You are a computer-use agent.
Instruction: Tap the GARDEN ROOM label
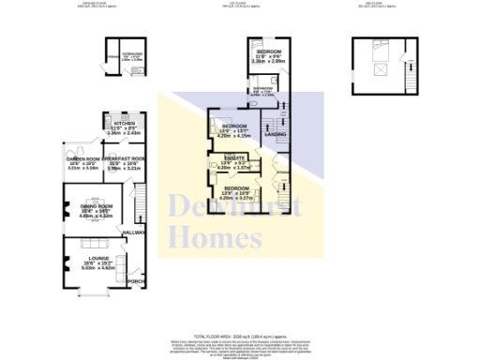[x=82, y=159]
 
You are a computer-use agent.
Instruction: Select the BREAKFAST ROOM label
[x=125, y=159]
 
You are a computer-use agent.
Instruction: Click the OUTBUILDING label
[x=130, y=54]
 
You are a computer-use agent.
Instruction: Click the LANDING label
[x=276, y=135]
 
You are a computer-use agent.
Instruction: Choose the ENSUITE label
[x=234, y=159]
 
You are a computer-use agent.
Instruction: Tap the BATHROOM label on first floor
[x=262, y=90]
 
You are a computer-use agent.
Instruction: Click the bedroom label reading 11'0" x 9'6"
[x=268, y=52]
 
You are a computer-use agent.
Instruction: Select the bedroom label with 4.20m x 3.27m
[x=236, y=189]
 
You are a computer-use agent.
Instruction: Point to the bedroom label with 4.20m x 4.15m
[x=233, y=127]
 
